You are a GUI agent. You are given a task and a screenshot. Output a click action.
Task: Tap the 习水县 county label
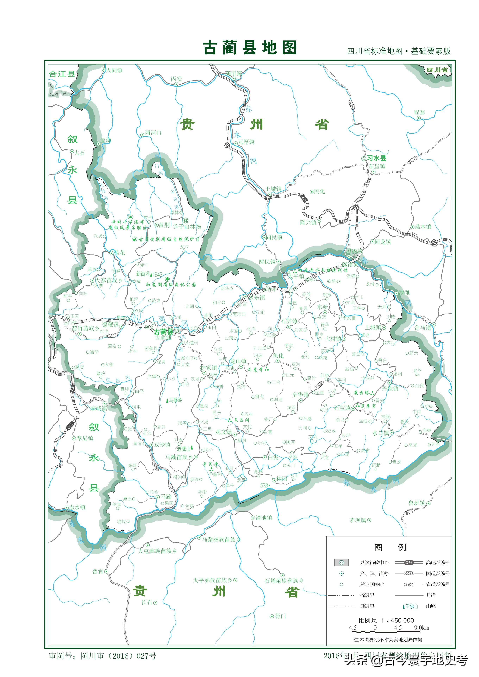376,158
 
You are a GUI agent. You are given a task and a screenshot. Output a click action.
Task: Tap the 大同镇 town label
115,70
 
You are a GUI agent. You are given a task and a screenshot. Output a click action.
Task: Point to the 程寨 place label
419,112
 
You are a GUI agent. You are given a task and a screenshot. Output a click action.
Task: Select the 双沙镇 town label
162,445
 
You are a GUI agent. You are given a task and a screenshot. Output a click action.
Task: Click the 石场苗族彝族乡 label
284,581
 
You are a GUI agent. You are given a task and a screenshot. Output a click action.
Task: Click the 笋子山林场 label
187,226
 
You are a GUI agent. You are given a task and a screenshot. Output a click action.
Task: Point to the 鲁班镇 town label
417,503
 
